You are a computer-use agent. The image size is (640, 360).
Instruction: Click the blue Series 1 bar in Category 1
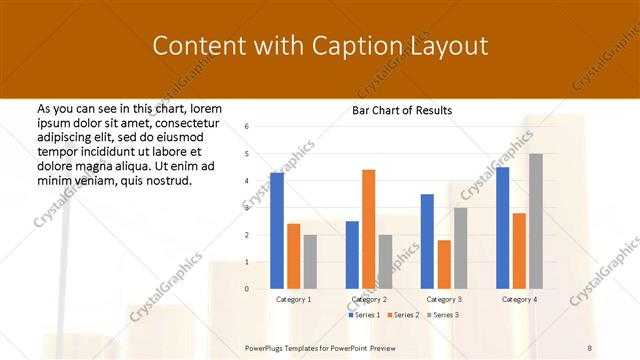(277, 230)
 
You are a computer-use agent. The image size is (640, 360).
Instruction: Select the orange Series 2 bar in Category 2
(368, 229)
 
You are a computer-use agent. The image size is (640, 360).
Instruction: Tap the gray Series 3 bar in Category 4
(536, 221)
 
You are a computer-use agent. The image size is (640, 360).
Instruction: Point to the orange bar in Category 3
(443, 264)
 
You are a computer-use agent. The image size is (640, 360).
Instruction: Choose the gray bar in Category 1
(310, 261)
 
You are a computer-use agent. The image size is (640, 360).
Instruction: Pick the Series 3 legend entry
(444, 315)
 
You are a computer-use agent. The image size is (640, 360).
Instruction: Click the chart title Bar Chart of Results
(402, 110)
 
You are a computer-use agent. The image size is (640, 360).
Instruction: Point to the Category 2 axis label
(369, 299)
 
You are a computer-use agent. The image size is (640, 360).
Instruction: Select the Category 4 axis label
(519, 299)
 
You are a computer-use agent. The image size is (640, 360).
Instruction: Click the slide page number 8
(590, 346)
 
